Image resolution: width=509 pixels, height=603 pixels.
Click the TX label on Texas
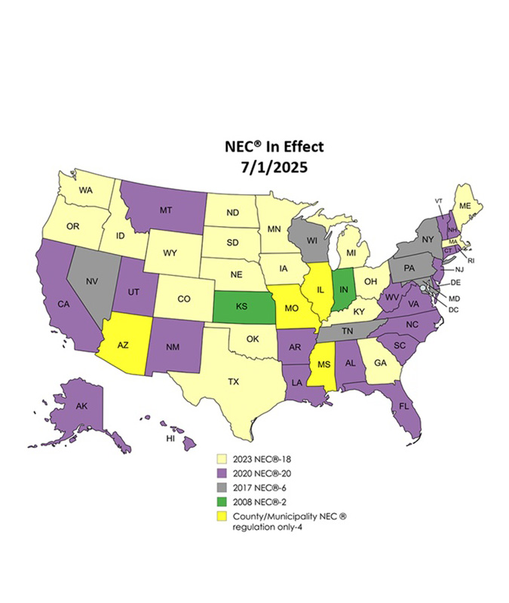234,381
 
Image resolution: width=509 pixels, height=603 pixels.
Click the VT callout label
438,200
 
